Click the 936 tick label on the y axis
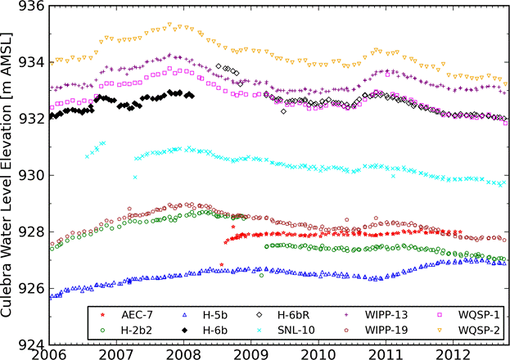pos(30,7)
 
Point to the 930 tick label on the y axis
pos(30,175)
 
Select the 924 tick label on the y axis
pos(30,344)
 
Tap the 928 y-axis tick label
pos(30,232)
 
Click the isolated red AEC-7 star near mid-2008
pos(222,264)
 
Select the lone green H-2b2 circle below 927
pos(261,276)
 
